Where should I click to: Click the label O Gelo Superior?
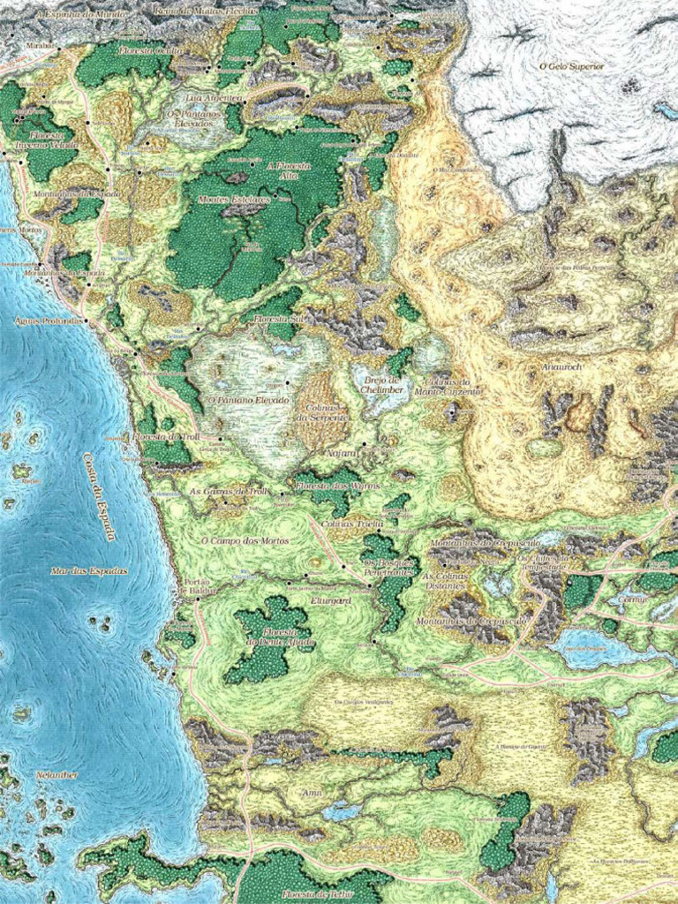pyautogui.click(x=571, y=66)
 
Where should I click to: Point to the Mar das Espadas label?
pyautogui.click(x=88, y=571)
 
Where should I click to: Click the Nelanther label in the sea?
pyautogui.click(x=56, y=775)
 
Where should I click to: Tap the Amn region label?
pyautogui.click(x=312, y=793)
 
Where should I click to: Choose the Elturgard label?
pyautogui.click(x=332, y=600)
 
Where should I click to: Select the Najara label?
pyautogui.click(x=342, y=452)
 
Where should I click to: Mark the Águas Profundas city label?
pyautogui.click(x=49, y=320)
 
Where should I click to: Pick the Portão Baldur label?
pyautogui.click(x=196, y=587)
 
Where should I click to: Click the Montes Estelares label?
pyautogui.click(x=233, y=200)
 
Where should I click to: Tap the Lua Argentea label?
pyautogui.click(x=214, y=99)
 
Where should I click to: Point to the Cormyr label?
pyautogui.click(x=633, y=599)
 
